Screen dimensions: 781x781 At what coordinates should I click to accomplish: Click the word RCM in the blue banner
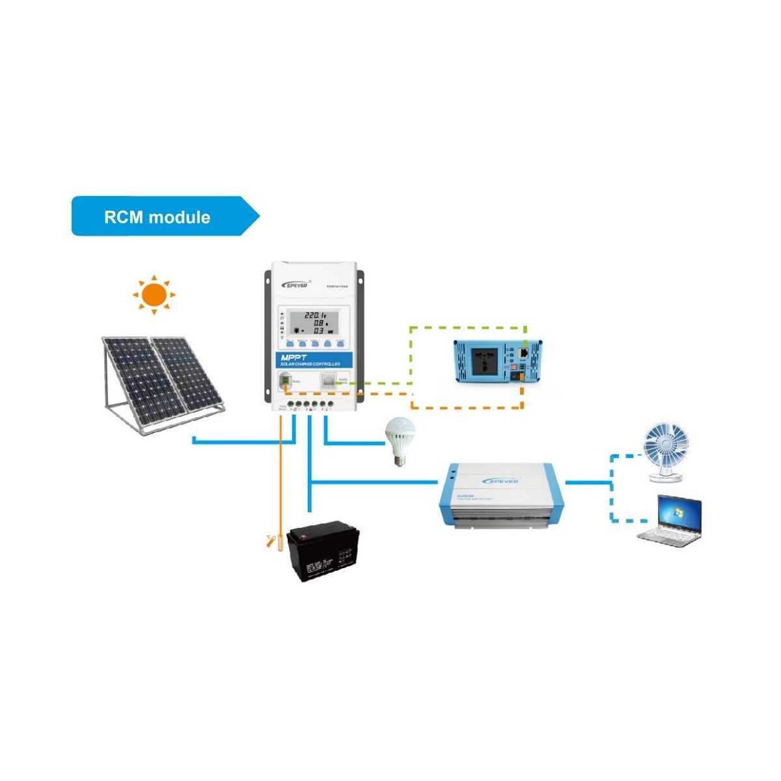pos(123,217)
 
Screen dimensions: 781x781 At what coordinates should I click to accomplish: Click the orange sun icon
pos(154,295)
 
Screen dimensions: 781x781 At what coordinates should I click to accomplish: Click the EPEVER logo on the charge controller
pos(298,284)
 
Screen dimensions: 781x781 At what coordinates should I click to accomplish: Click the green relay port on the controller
pos(285,382)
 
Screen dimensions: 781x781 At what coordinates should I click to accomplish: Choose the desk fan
pos(665,448)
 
